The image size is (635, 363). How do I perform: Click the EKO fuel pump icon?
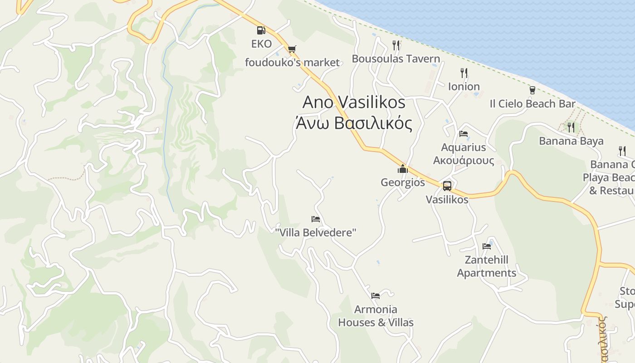261,30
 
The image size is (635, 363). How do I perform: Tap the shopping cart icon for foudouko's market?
292,49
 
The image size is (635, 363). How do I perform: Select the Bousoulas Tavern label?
396,59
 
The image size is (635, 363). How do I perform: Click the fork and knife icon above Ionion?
464,73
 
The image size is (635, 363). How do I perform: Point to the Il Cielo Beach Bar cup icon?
532,90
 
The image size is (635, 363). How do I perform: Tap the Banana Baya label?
571,141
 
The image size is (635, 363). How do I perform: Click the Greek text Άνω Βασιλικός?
354,123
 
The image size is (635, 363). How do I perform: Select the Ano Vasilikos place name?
354,102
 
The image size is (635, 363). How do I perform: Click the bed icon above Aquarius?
464,134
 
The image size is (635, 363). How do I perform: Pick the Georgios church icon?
402,169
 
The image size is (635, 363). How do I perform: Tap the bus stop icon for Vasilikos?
447,186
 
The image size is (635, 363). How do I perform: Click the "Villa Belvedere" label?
316,232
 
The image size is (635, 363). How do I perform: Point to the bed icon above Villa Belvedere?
316,219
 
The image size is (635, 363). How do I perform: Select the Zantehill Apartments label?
486,266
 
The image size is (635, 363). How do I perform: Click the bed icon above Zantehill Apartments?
487,246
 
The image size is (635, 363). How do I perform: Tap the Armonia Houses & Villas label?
376,316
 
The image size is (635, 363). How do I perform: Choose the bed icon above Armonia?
376,296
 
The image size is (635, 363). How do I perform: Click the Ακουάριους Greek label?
464,160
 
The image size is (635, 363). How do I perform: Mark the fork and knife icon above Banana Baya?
571,127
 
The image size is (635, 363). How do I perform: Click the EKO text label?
261,44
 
